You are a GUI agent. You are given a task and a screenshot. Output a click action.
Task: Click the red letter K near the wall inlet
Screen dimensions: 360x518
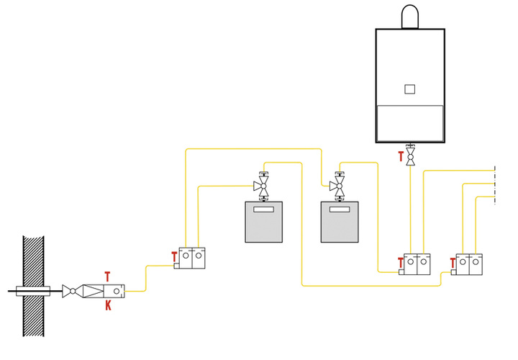[x=108, y=306]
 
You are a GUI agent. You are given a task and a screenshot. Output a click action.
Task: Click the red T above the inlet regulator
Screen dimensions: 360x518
[x=108, y=276]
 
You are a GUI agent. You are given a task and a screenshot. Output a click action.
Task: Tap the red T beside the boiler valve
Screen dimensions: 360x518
[x=401, y=155]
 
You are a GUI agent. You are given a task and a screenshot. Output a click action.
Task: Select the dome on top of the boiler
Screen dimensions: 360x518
[x=409, y=17]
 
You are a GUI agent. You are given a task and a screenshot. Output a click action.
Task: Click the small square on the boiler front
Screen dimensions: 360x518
[x=409, y=89]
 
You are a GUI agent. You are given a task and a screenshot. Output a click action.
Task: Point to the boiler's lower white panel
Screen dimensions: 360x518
[x=409, y=122]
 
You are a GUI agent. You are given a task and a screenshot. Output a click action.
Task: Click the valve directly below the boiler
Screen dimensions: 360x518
[x=411, y=156]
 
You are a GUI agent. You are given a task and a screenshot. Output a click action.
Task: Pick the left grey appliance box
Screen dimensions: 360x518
[x=263, y=222]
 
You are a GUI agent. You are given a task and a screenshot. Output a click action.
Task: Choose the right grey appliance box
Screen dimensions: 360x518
[x=339, y=222]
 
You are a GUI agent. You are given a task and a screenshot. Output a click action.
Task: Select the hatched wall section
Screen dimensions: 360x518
[x=34, y=287]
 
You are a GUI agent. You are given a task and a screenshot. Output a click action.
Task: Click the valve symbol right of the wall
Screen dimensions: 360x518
[x=70, y=292]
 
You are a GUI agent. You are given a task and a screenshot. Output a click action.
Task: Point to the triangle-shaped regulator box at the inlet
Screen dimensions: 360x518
[x=91, y=292]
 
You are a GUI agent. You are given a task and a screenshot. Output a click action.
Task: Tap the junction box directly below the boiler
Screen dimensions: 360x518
[x=417, y=264]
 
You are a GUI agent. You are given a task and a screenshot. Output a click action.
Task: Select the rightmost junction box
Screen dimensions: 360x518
[x=471, y=264]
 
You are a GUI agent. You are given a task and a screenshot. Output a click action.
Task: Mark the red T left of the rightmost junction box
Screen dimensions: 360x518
[x=452, y=263]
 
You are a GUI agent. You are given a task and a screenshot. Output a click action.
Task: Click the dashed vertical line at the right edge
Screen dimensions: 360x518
[x=495, y=186]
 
